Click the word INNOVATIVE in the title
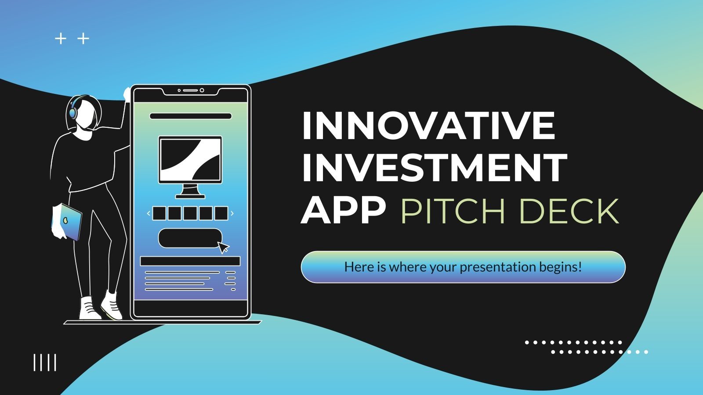click(428, 126)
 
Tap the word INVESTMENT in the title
click(434, 168)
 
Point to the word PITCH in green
click(453, 212)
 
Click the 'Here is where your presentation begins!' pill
click(463, 267)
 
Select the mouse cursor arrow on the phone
click(223, 247)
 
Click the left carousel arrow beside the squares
click(149, 214)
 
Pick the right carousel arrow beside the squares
click(232, 214)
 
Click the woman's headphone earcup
click(72, 113)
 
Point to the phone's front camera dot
click(202, 90)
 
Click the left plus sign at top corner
click(60, 39)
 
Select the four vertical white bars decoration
click(45, 363)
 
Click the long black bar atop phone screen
click(190, 116)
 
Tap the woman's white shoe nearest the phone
click(112, 305)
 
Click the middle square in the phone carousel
click(190, 214)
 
